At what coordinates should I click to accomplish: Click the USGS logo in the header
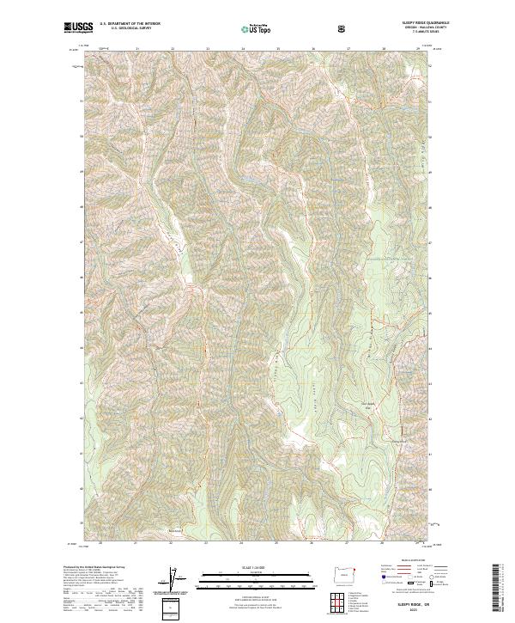click(78, 28)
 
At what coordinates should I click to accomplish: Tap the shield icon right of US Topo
click(343, 28)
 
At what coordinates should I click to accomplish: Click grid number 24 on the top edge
click(243, 49)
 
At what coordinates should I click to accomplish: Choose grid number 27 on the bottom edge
click(347, 543)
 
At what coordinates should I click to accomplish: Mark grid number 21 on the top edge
click(137, 49)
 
